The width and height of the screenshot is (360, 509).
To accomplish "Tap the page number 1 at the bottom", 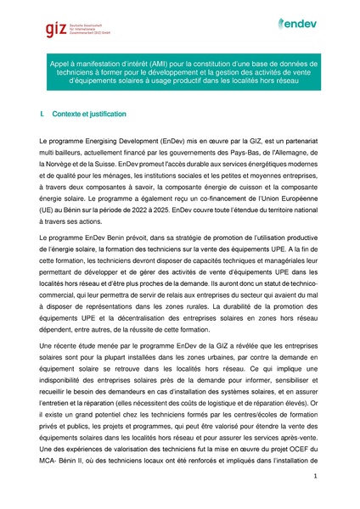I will coord(315,478).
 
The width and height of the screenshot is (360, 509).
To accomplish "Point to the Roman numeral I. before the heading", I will coord(42,114).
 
